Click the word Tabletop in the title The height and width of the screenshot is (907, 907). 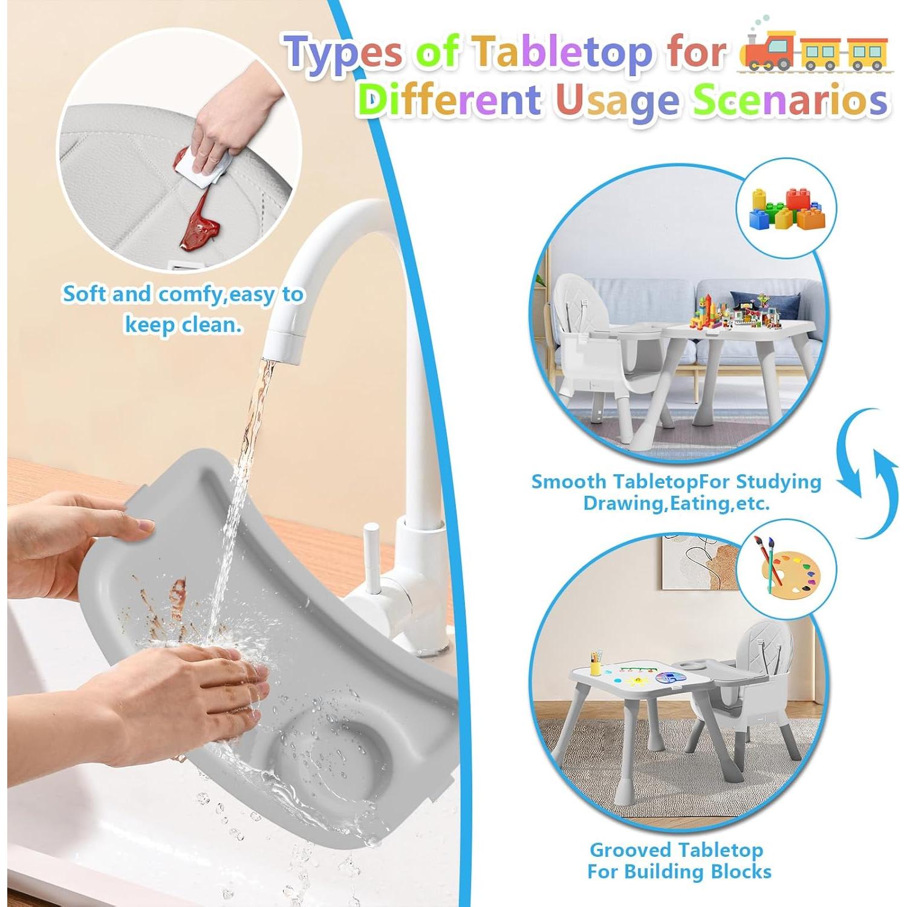tap(562, 53)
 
